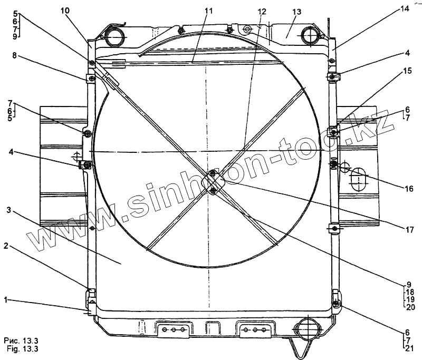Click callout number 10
point(65,11)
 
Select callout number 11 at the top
point(208,11)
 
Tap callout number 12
point(262,11)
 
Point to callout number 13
point(297,12)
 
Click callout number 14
point(405,8)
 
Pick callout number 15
point(407,71)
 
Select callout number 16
point(409,189)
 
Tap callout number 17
point(409,230)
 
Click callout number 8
point(14,56)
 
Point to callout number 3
point(9,210)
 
